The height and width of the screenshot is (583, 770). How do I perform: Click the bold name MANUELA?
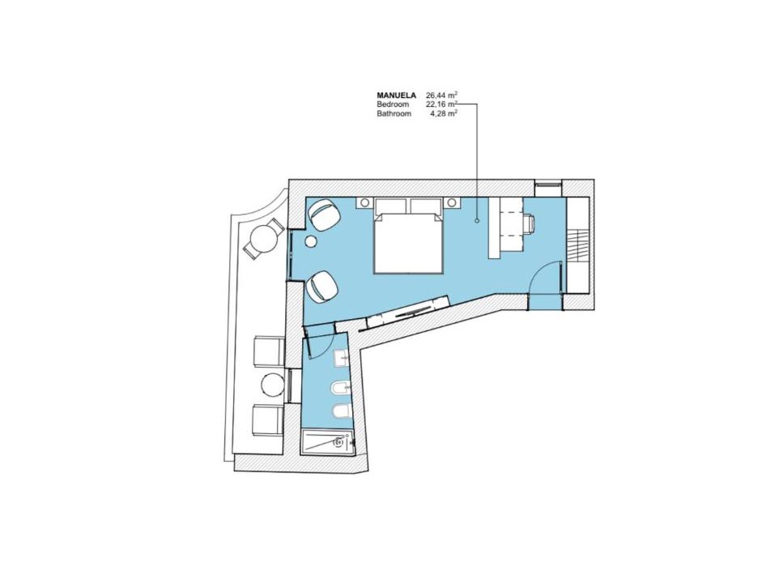396,96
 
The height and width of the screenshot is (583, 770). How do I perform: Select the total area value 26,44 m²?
442,95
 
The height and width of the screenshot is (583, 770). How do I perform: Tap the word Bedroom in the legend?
393,104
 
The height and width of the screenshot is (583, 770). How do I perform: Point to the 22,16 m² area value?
442,104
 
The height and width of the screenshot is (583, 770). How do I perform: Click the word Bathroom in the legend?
394,113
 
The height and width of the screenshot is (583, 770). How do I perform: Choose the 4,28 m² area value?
444,113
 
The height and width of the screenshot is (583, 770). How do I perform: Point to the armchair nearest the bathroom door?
322,286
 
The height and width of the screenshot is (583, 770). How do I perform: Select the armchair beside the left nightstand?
323,215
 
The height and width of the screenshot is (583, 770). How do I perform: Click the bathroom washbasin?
342,359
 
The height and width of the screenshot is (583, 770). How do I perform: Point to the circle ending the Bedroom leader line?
477,222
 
